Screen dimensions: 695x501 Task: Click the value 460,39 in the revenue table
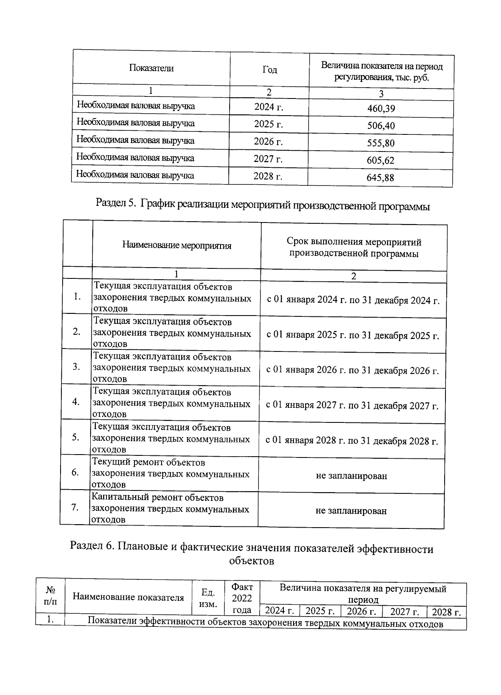[x=381, y=109]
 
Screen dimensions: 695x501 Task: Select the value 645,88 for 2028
[x=380, y=178]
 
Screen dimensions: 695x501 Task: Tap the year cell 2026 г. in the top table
[x=268, y=142]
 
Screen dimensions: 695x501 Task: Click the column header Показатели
[x=151, y=68]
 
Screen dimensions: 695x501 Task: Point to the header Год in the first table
[x=270, y=70]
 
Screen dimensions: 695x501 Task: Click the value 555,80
[x=380, y=143]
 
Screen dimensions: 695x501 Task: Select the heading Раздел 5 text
[x=263, y=205]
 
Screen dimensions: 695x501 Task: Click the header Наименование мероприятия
[x=177, y=245]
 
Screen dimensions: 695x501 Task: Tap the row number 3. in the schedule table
[x=76, y=367]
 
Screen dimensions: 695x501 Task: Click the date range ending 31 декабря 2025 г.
[x=353, y=336]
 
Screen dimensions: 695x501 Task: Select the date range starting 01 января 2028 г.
[x=352, y=441]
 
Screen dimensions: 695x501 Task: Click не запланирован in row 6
[x=351, y=476]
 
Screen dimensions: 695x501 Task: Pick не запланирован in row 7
[x=351, y=511]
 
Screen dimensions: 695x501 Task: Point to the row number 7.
[x=75, y=508]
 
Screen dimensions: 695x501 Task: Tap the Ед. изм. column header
[x=208, y=598]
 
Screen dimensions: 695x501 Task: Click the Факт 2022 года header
[x=242, y=598]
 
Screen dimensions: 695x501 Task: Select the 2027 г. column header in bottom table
[x=404, y=612]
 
